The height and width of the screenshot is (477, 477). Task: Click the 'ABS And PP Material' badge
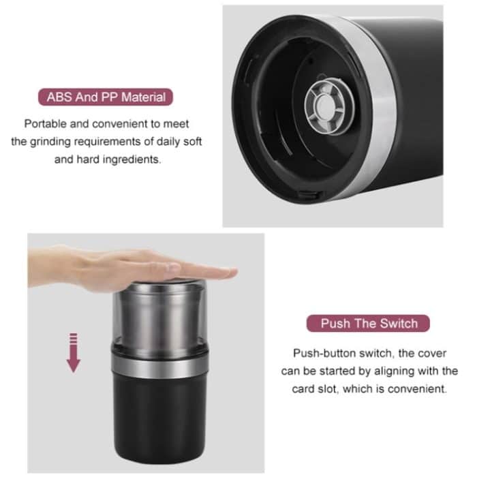click(106, 97)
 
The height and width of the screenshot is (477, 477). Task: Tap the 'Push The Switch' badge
click(369, 323)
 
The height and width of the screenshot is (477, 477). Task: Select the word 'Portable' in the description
click(46, 124)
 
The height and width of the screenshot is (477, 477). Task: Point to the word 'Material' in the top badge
click(142, 97)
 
